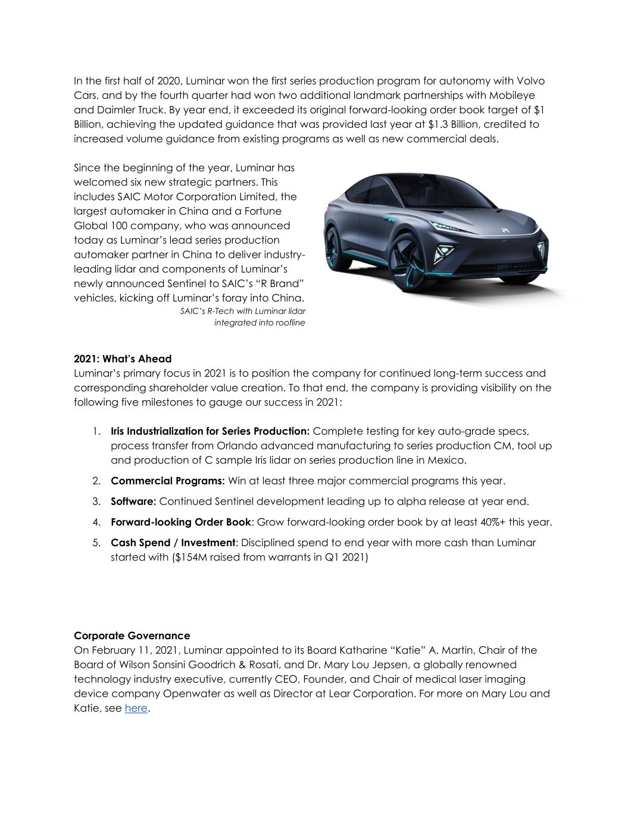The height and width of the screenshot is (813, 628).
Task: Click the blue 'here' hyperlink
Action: (x=136, y=708)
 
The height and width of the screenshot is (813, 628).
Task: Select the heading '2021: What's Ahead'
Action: (x=123, y=359)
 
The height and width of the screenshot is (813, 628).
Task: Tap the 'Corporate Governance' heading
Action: (x=132, y=636)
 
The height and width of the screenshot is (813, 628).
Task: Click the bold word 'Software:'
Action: (x=133, y=501)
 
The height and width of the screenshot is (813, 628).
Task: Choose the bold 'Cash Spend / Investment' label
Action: (x=173, y=543)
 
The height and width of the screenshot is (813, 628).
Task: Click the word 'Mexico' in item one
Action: (x=446, y=460)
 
